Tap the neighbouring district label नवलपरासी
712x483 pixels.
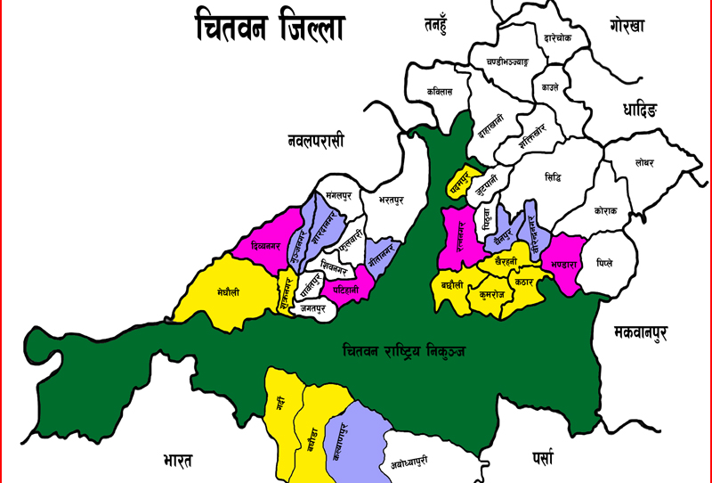(315, 141)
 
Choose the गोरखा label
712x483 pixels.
(638, 24)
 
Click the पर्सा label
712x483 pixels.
(542, 458)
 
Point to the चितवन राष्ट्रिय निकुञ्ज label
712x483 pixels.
(404, 351)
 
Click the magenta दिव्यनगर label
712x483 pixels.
(268, 244)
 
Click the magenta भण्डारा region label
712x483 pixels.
(564, 264)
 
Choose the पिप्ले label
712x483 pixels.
(605, 263)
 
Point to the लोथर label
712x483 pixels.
(644, 163)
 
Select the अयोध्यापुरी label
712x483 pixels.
(409, 461)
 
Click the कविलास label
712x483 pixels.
(440, 91)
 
